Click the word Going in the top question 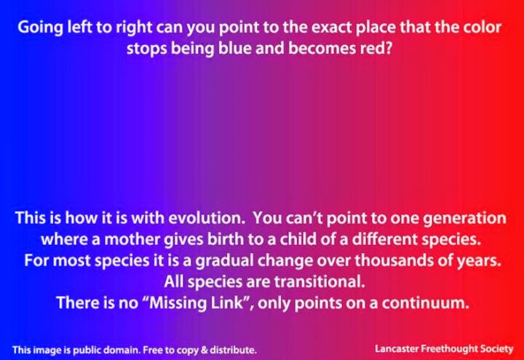pyautogui.click(x=40, y=28)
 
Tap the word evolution pyautogui.click(x=207, y=218)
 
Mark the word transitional pyautogui.click(x=319, y=282)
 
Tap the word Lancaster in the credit pyautogui.click(x=397, y=348)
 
